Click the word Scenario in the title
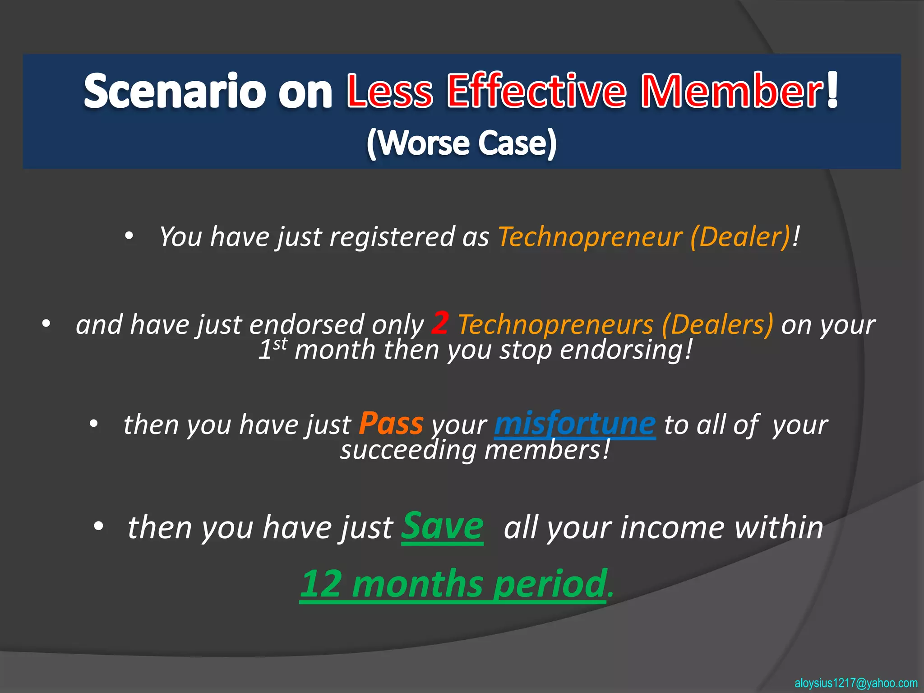pos(175,92)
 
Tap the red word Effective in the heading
pos(536,92)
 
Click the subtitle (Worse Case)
pos(462,143)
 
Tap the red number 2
pos(440,323)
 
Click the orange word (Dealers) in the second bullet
pos(717,325)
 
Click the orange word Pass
pos(391,424)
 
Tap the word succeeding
pos(408,450)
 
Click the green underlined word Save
pos(442,526)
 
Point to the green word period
pos(550,584)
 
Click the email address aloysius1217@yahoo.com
pos(856,683)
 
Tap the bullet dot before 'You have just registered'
pos(129,236)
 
